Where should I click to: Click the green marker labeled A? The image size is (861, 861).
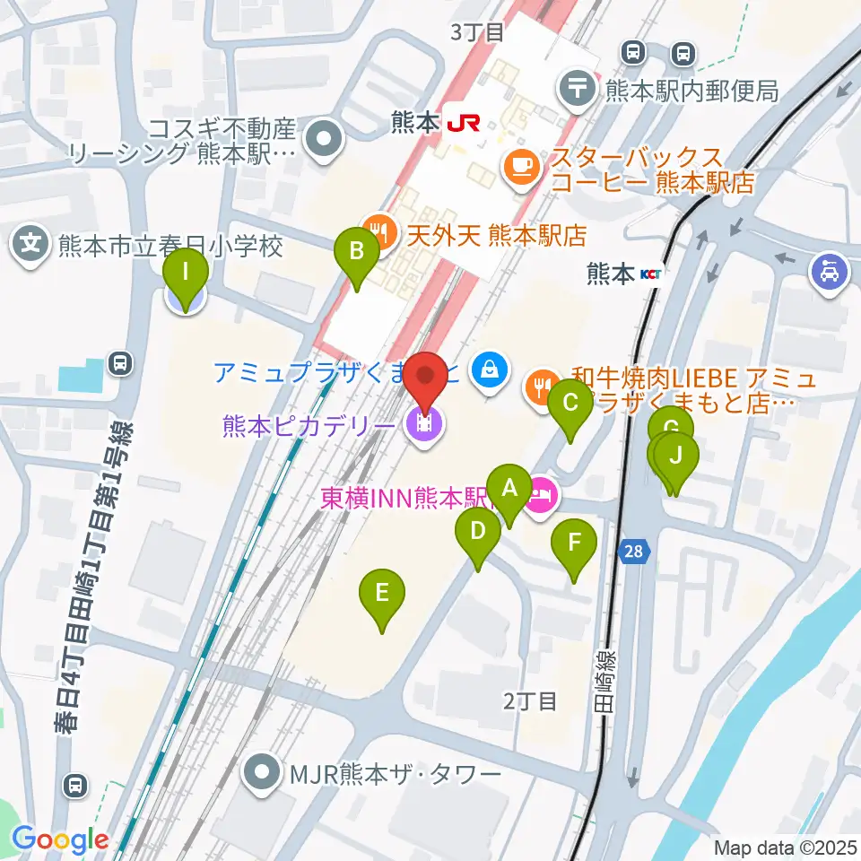tap(509, 490)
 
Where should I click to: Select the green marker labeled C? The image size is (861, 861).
tap(570, 403)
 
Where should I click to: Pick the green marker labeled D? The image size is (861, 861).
tap(478, 532)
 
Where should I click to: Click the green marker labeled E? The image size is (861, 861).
tap(382, 594)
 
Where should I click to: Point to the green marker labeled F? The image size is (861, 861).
tap(574, 543)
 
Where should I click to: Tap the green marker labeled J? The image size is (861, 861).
tap(677, 456)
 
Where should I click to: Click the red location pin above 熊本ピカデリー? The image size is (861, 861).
tap(427, 379)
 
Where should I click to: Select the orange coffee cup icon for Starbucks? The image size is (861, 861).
tap(521, 165)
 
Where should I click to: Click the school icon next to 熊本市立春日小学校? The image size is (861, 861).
tap(31, 244)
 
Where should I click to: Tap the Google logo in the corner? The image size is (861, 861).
tap(60, 839)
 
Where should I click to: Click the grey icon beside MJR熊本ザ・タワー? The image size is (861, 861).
tap(262, 771)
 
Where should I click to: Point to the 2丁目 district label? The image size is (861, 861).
tap(529, 701)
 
